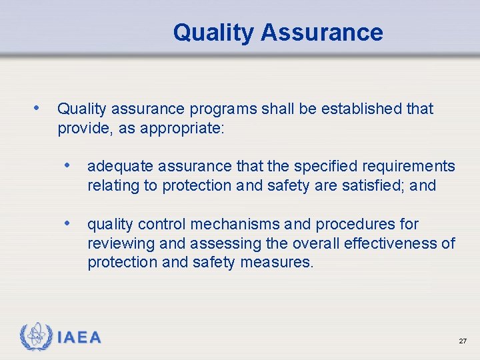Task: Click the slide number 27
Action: click(x=463, y=341)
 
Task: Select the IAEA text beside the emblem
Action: click(x=79, y=337)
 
